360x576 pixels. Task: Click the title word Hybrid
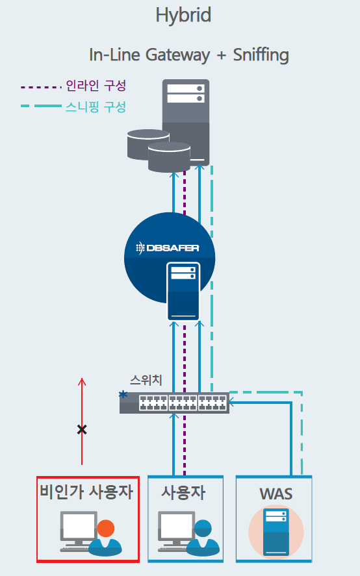[183, 16]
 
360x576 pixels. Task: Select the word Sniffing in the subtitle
[261, 55]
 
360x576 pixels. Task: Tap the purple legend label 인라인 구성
[96, 86]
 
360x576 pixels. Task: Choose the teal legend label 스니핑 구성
[96, 107]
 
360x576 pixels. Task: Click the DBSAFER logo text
[168, 248]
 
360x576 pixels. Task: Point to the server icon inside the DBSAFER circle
[183, 292]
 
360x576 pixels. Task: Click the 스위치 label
[146, 380]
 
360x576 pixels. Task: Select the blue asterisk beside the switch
[123, 395]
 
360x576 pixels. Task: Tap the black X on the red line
[82, 429]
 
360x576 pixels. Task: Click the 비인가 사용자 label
[86, 492]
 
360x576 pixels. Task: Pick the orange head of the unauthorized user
[106, 529]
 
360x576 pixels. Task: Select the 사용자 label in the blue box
[183, 492]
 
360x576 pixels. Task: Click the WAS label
[276, 494]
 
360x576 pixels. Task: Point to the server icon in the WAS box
[276, 532]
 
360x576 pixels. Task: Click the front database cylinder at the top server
[169, 157]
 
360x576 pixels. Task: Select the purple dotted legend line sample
[41, 88]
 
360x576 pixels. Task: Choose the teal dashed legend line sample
[41, 106]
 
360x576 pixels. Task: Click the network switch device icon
[174, 403]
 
